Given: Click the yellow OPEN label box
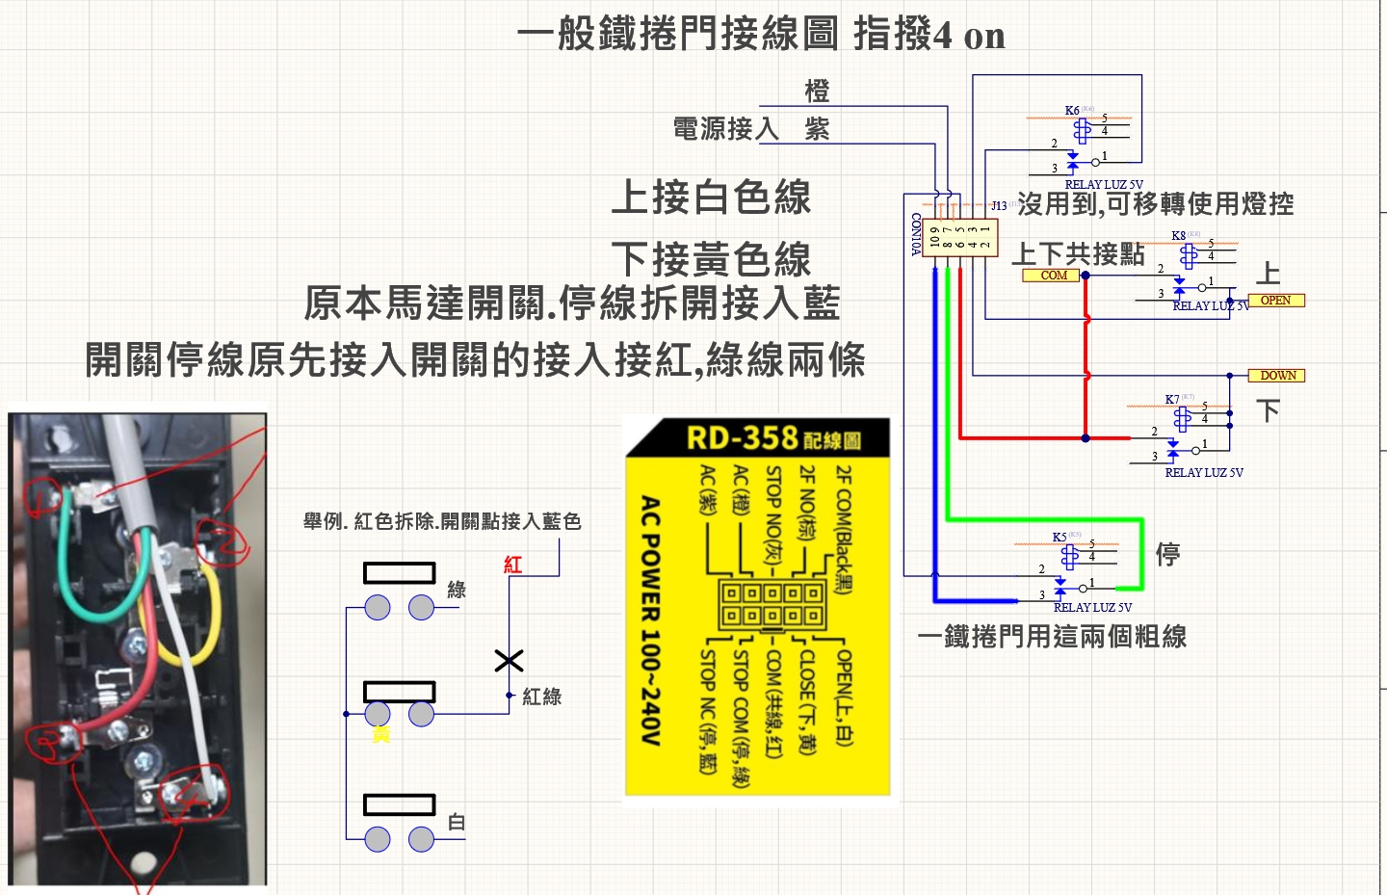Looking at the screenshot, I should [1275, 301].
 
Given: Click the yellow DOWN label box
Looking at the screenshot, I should [1277, 376].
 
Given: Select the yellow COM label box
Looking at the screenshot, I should [1053, 276].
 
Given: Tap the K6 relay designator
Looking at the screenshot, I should [1072, 111].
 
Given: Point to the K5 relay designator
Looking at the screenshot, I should [1060, 538].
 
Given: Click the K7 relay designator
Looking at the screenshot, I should [1171, 400].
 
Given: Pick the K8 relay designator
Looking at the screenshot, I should [1179, 236].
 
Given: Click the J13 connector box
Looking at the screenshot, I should [959, 237].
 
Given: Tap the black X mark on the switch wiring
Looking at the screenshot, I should [509, 660].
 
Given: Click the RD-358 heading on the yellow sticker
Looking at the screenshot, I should [743, 438].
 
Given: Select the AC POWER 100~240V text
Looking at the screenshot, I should [651, 620].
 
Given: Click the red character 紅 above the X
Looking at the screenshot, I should [513, 565].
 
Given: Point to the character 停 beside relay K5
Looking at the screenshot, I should [1168, 554].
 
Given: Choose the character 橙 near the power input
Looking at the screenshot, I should [817, 92].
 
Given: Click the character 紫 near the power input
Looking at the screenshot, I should [817, 129].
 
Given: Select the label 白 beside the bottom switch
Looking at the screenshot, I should [457, 823].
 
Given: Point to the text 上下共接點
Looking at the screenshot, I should [1078, 253].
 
